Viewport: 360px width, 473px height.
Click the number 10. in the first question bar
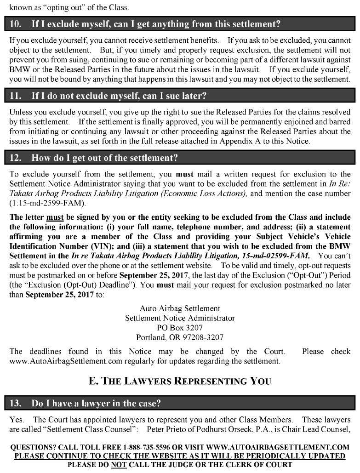click(x=16, y=23)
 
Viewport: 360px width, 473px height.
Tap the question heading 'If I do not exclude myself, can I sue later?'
click(x=119, y=97)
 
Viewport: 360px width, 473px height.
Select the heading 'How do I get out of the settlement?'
click(x=104, y=158)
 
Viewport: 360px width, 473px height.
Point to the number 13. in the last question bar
click(x=16, y=404)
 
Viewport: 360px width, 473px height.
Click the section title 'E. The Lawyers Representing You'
click(x=180, y=381)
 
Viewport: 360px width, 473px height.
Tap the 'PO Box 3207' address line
click(x=180, y=328)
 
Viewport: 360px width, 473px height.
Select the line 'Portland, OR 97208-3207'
click(x=180, y=337)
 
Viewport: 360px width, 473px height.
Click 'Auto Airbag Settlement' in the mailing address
click(x=180, y=308)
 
